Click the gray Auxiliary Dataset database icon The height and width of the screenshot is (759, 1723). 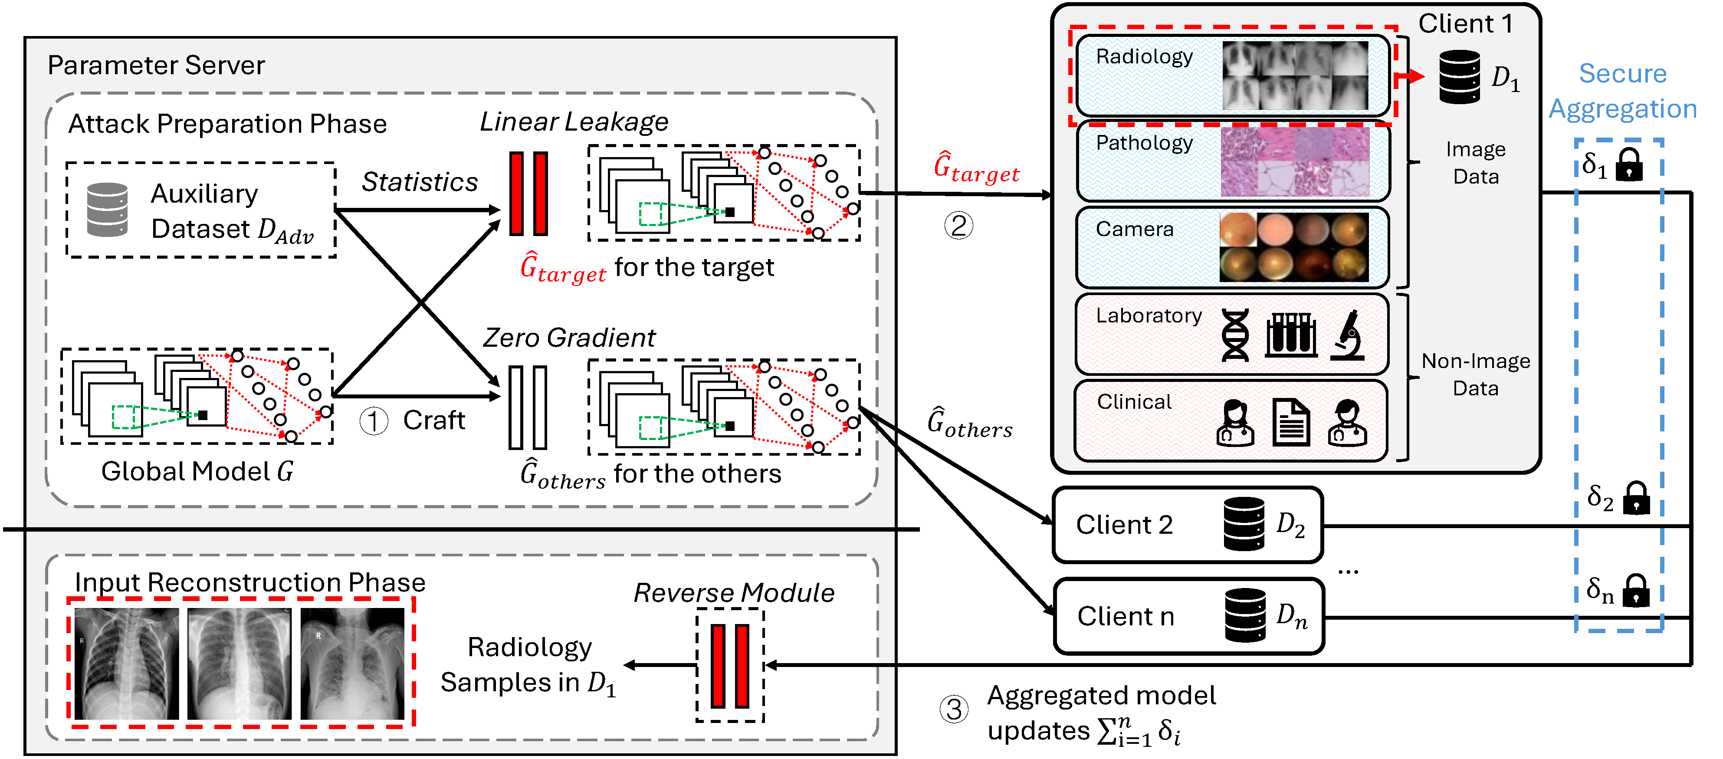(x=108, y=210)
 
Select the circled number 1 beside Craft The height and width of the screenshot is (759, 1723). (x=373, y=421)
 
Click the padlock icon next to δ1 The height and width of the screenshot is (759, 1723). (x=1629, y=166)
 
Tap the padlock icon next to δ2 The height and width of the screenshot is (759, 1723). (x=1636, y=499)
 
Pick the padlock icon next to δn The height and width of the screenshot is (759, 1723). (x=1636, y=591)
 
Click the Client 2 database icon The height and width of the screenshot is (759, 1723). (x=1244, y=524)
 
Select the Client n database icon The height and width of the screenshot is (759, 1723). (x=1245, y=615)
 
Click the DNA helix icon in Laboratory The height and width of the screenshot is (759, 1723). (x=1235, y=335)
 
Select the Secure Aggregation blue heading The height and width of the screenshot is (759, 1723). (x=1623, y=91)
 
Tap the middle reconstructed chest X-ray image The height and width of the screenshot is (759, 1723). (x=240, y=664)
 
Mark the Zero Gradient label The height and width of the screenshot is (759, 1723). (x=569, y=338)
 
